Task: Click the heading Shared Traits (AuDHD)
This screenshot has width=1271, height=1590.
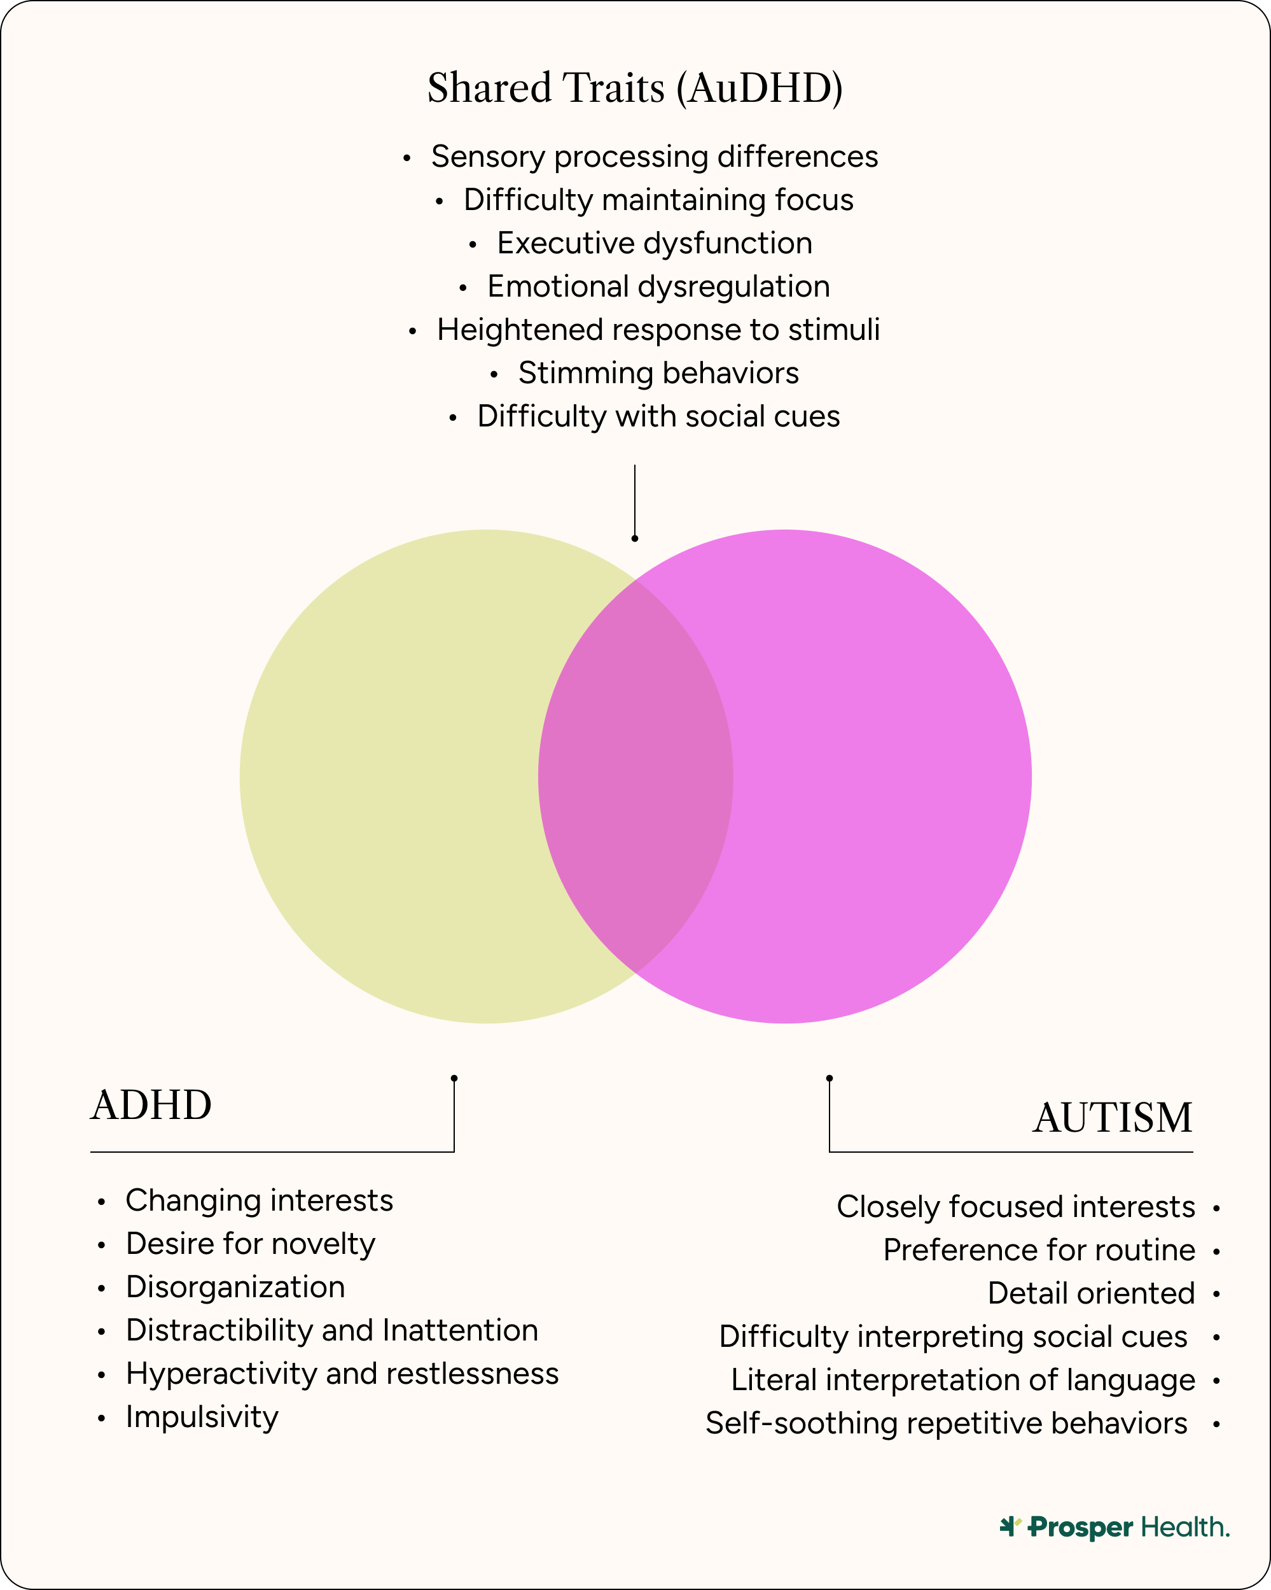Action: (x=635, y=88)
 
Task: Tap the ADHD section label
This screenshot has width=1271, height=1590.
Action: (x=151, y=1106)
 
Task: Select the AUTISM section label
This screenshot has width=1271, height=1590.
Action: (x=1112, y=1118)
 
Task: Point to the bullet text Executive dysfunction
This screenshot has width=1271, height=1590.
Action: (x=654, y=243)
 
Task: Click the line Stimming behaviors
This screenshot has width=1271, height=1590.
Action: (x=658, y=373)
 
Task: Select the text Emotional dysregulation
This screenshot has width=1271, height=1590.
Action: (x=658, y=287)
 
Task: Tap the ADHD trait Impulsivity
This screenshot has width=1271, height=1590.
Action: (x=202, y=1417)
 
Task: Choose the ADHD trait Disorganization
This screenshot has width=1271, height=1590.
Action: (x=235, y=1287)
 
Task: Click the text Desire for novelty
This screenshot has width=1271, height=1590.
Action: (x=251, y=1244)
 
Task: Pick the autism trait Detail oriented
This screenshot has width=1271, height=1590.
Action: (x=1090, y=1293)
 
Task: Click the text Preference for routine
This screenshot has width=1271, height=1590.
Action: (x=1039, y=1250)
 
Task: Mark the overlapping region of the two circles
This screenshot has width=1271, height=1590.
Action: (x=635, y=776)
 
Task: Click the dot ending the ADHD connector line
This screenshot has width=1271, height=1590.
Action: (x=454, y=1078)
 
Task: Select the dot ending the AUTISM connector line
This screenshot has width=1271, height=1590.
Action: (x=830, y=1078)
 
